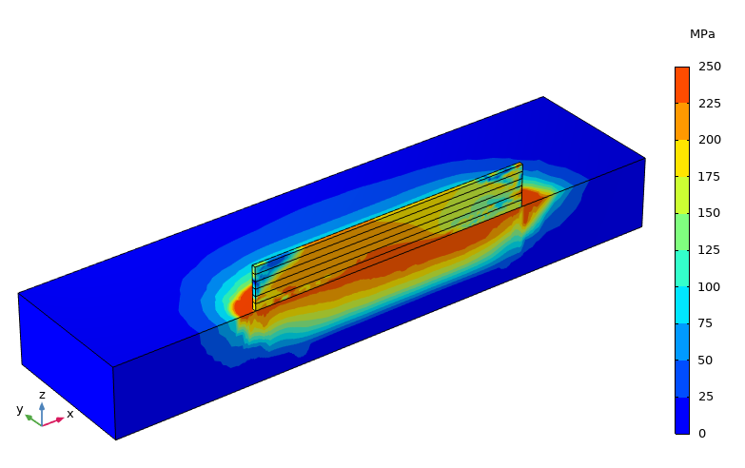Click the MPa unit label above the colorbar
[702, 34]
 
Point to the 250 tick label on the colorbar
[710, 67]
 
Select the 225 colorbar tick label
[710, 103]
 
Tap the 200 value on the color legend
[710, 140]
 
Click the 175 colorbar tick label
[710, 177]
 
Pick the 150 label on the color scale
[710, 213]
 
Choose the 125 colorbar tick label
[710, 250]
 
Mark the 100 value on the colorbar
[710, 286]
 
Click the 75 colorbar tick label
[706, 323]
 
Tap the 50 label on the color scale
[706, 361]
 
